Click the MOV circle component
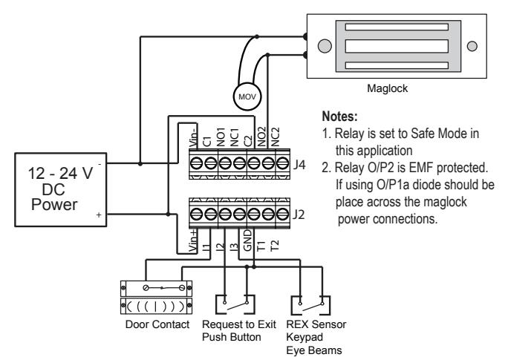(247, 96)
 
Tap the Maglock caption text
(387, 88)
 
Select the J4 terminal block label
(299, 165)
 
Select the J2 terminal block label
(299, 215)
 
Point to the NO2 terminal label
(261, 137)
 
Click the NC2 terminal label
(275, 137)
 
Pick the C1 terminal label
(206, 142)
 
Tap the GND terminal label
(247, 240)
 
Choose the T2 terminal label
(274, 246)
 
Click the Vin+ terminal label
(193, 240)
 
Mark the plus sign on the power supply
(99, 215)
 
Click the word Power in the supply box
(54, 205)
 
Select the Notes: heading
(340, 117)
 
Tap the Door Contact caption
(157, 324)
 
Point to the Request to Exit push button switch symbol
(235, 304)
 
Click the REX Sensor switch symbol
(310, 305)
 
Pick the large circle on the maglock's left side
(325, 46)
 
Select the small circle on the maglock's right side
(472, 46)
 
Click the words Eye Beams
(314, 350)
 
